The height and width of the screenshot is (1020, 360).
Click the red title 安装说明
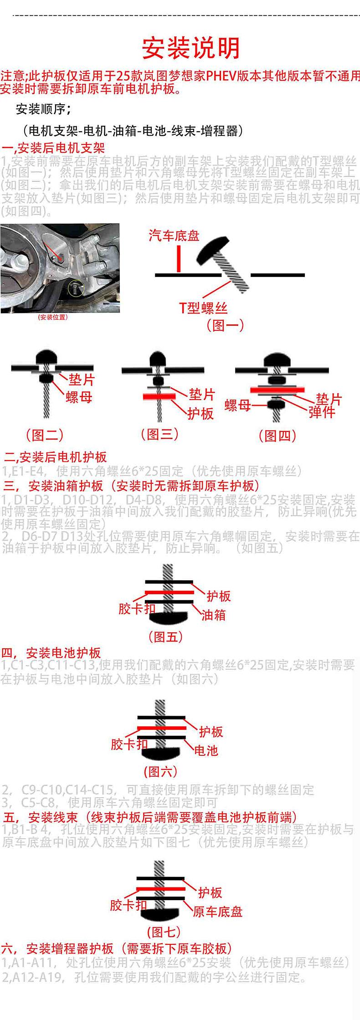click(x=191, y=48)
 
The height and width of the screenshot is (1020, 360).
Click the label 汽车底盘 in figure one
click(x=174, y=236)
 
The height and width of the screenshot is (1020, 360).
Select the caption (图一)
click(x=225, y=325)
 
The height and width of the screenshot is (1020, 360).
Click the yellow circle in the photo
click(x=76, y=288)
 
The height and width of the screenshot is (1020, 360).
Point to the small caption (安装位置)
click(x=53, y=317)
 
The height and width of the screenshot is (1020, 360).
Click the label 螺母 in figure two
click(x=79, y=397)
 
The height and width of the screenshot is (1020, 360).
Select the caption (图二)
click(x=45, y=435)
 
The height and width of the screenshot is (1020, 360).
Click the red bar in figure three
click(x=159, y=396)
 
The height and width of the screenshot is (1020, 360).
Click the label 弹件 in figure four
click(x=322, y=412)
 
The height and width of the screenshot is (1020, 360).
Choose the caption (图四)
click(x=278, y=436)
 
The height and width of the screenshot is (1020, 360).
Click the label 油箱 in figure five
click(x=213, y=615)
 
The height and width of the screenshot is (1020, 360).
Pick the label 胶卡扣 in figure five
click(x=137, y=609)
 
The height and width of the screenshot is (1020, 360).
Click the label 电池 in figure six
click(x=206, y=750)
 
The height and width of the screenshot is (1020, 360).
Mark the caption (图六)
click(x=160, y=772)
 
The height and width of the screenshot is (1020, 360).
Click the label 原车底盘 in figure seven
click(x=217, y=912)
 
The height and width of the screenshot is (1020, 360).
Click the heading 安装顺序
click(x=43, y=110)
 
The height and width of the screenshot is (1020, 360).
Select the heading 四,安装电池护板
click(x=51, y=653)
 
